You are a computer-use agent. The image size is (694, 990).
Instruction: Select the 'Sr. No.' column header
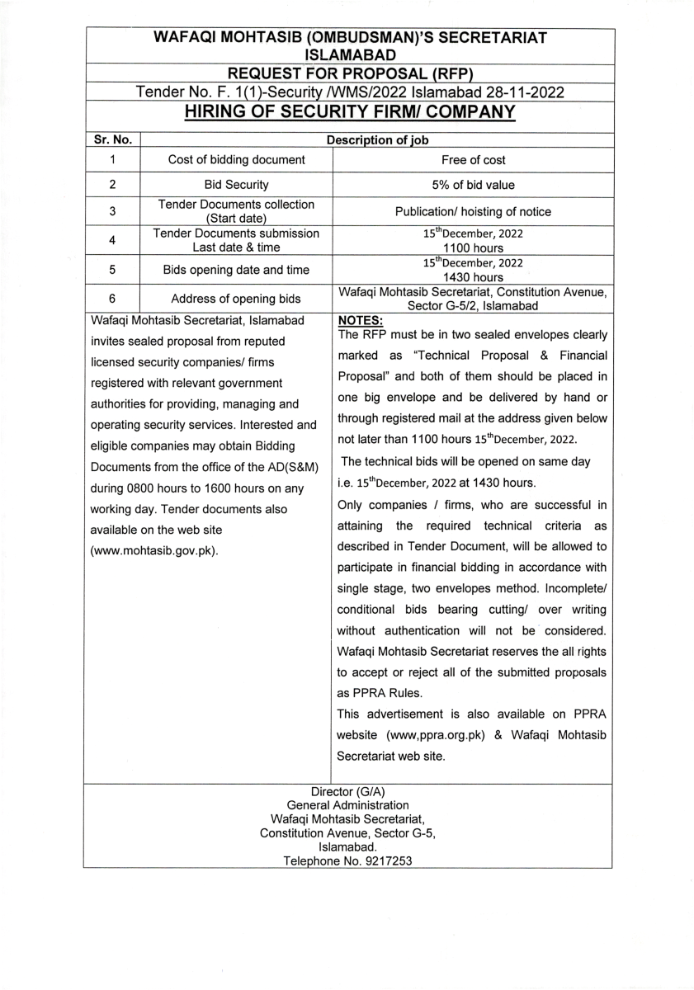point(111,140)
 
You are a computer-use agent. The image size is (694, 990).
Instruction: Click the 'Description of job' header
point(376,140)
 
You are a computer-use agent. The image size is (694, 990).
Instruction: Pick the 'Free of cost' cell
point(473,160)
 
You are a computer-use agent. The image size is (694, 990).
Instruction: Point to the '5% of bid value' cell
point(473,185)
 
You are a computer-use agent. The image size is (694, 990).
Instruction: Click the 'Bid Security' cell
point(236,185)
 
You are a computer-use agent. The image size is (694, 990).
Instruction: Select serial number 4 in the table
point(111,240)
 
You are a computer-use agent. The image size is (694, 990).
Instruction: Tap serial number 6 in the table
point(111,299)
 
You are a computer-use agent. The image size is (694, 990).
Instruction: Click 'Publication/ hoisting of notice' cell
point(473,212)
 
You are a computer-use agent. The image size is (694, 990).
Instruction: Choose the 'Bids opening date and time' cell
point(236,269)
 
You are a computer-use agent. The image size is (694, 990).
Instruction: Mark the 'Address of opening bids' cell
point(236,299)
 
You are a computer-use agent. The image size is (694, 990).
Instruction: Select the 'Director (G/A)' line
point(347,791)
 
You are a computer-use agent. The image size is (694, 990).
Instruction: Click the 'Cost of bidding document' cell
point(236,160)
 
